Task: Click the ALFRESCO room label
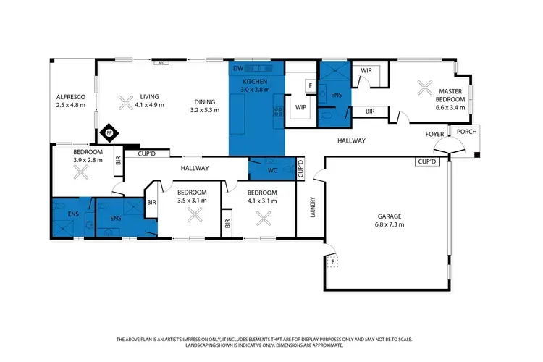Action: point(71,97)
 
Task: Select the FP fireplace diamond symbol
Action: point(109,133)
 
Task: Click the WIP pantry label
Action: point(300,109)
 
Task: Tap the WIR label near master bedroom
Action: point(366,70)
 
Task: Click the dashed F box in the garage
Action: point(334,262)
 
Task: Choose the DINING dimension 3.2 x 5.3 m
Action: point(206,111)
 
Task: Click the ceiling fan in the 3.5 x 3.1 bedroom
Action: point(194,214)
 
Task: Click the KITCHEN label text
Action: point(256,81)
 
